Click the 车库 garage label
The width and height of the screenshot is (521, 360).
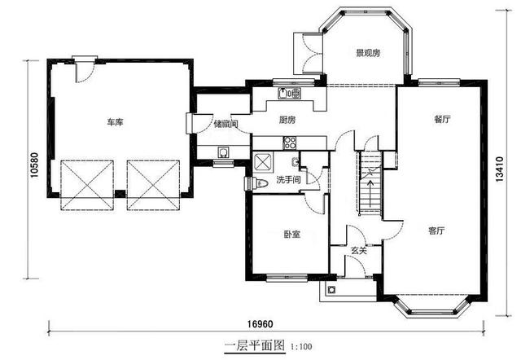click(x=115, y=122)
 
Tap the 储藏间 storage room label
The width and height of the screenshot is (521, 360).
click(x=226, y=124)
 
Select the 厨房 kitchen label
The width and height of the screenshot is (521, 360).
click(x=287, y=120)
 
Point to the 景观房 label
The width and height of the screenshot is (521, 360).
click(x=368, y=53)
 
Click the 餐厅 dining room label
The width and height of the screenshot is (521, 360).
click(x=442, y=119)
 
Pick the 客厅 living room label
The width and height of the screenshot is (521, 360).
click(x=436, y=230)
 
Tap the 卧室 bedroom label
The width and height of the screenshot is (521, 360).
click(x=292, y=234)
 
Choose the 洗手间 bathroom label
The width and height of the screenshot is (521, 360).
click(x=288, y=180)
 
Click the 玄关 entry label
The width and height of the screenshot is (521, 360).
click(x=359, y=250)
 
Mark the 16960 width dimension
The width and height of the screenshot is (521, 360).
click(x=260, y=324)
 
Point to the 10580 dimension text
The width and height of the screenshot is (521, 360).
click(x=34, y=165)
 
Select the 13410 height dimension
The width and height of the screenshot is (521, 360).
click(x=499, y=169)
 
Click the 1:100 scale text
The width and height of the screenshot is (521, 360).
click(x=301, y=347)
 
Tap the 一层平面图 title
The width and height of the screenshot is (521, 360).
click(x=255, y=345)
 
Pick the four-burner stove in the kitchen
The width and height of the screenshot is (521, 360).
click(x=290, y=143)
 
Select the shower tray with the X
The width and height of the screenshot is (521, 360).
click(x=263, y=162)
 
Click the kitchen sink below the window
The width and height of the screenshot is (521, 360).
click(x=290, y=94)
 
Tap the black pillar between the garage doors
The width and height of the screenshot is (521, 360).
click(x=120, y=194)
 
